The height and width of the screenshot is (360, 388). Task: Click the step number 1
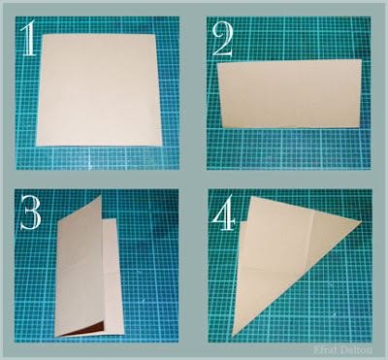coord(28,39)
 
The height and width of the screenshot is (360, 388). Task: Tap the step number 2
coord(223,41)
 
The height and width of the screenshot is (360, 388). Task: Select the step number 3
coord(31,213)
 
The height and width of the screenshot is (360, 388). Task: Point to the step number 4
coord(224,213)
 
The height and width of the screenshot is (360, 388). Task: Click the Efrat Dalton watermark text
coord(342,349)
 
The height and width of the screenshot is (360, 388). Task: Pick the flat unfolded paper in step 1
coord(99,90)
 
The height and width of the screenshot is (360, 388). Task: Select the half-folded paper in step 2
coord(290,94)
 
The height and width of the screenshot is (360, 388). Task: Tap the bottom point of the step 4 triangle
coord(232,337)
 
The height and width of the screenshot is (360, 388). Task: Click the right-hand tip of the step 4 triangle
coord(361,221)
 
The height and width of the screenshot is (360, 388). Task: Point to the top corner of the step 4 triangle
coord(252,196)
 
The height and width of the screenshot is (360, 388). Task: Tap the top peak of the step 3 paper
coord(101,195)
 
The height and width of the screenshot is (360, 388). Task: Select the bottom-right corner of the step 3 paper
coord(124,334)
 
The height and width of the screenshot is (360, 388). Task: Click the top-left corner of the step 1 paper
coord(43,34)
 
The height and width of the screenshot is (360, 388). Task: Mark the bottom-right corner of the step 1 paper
coord(162,146)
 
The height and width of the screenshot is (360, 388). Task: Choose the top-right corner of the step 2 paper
coord(362,60)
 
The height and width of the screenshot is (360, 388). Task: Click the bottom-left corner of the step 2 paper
coord(222,127)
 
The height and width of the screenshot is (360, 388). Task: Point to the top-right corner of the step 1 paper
coord(155,34)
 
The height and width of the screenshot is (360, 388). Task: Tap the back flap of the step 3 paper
coord(113,275)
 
